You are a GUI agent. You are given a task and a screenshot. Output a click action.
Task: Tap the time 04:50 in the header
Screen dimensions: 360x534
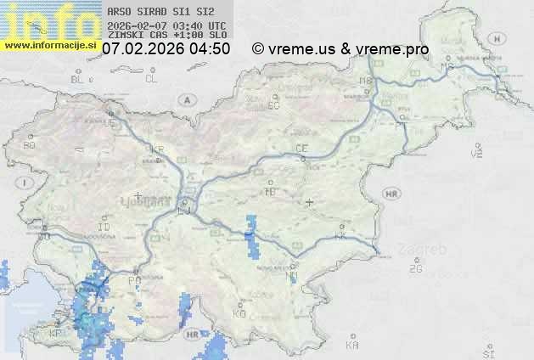click(210, 49)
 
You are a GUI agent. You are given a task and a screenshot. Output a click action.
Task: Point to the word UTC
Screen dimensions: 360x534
click(216, 25)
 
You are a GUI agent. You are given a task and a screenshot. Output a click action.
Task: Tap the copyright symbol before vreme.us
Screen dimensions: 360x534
click(258, 49)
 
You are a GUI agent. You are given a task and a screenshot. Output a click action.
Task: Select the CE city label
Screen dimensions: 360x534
click(301, 149)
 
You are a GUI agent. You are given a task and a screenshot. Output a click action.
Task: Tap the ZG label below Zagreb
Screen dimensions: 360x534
click(415, 269)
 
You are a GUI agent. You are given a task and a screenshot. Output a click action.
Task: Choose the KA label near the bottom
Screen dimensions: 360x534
click(352, 346)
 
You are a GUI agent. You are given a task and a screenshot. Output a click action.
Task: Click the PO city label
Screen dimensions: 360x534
click(134, 279)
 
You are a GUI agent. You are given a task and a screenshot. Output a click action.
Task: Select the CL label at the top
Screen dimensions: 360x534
click(151, 79)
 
